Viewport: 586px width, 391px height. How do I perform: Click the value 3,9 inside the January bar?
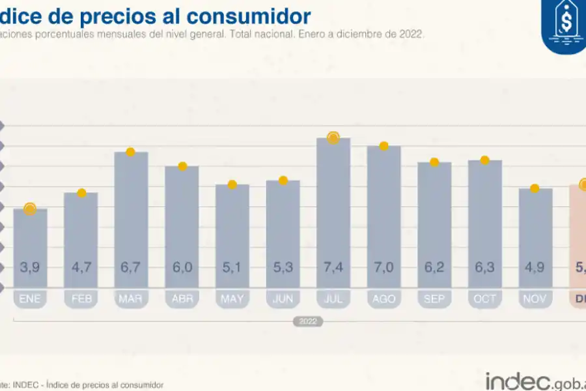click(30, 267)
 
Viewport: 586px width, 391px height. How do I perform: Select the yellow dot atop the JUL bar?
click(333, 138)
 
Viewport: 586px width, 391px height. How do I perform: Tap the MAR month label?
click(131, 299)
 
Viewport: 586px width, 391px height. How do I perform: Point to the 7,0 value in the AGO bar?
click(384, 267)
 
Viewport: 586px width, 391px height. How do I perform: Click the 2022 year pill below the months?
click(308, 321)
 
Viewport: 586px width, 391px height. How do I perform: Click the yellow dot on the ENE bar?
click(30, 209)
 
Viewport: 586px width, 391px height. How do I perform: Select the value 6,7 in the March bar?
click(131, 267)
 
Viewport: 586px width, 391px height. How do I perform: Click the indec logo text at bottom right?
click(518, 381)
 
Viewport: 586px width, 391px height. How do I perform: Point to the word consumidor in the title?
click(253, 16)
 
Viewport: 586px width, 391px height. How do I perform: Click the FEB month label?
click(81, 299)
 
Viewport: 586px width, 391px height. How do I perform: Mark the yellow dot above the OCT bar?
click(484, 160)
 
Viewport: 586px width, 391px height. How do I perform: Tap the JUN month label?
click(283, 299)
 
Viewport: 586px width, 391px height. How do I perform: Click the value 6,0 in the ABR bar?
click(182, 267)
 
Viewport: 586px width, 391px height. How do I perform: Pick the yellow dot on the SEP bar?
click(434, 162)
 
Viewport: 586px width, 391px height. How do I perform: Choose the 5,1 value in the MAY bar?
click(232, 267)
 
